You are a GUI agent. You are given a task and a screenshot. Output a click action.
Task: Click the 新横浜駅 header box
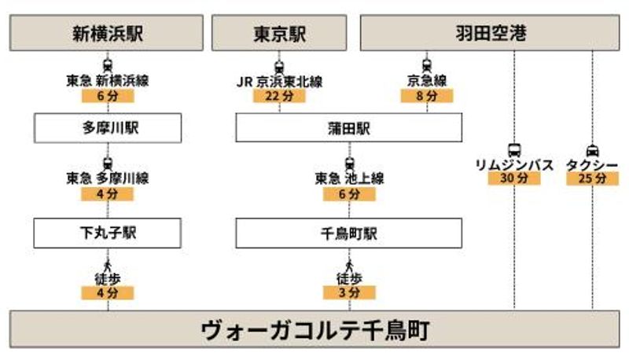tap(106, 33)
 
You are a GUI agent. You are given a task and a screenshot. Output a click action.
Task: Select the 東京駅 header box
tap(279, 33)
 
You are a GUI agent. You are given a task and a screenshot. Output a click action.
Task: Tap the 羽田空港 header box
tap(490, 33)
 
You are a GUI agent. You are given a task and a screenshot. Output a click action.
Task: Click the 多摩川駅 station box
tap(108, 128)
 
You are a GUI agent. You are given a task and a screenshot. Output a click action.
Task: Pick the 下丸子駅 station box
tap(108, 233)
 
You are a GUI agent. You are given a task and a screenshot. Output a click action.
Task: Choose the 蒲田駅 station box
tap(349, 127)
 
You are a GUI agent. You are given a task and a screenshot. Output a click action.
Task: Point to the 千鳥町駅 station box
tap(349, 233)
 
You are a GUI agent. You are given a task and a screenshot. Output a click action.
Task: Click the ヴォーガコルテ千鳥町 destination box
tap(314, 329)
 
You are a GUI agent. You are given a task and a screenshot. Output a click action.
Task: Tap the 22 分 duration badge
tap(279, 96)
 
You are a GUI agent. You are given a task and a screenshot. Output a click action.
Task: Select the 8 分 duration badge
tap(427, 96)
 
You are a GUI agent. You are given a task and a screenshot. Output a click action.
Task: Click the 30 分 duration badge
tap(514, 178)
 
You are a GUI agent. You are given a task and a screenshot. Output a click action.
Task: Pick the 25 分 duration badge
tap(593, 178)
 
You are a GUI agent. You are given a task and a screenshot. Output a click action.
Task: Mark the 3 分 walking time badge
tap(349, 292)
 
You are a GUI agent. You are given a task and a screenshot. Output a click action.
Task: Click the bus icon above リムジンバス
tap(514, 150)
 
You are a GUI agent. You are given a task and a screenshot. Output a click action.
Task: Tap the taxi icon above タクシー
tap(593, 151)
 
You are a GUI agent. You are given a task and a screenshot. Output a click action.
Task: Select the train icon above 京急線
tap(427, 65)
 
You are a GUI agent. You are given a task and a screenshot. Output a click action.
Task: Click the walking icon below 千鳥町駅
tap(349, 266)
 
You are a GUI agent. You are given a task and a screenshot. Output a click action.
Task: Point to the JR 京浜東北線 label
tap(279, 82)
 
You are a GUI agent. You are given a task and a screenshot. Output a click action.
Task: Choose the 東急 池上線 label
tap(349, 178)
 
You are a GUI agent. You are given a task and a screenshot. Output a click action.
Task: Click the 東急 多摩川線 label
tap(108, 178)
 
